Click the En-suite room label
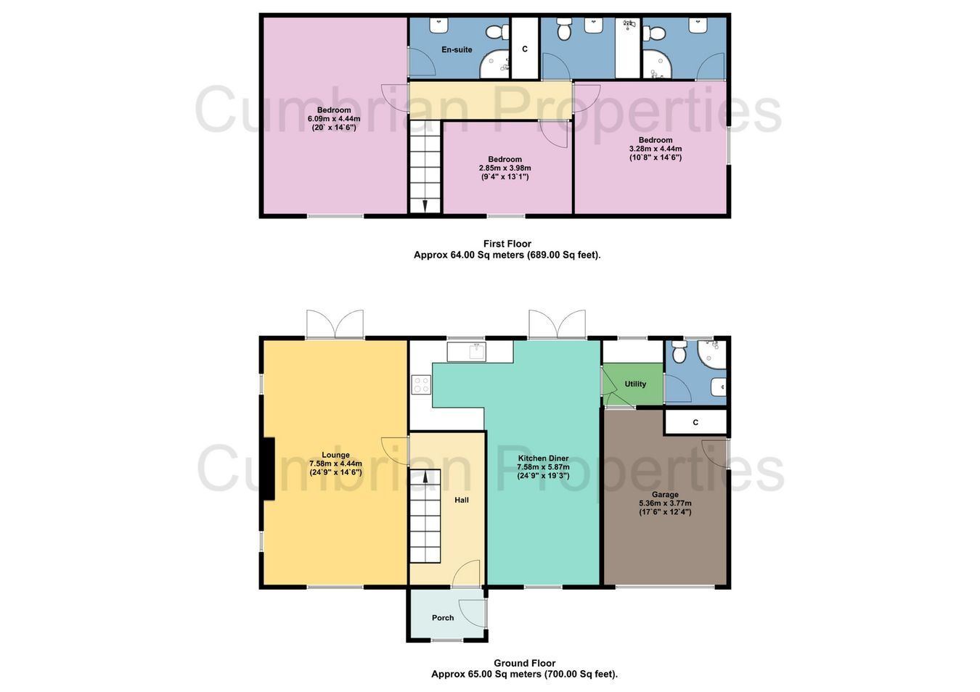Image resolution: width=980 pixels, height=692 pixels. pyautogui.click(x=457, y=50)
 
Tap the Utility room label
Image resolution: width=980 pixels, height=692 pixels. pyautogui.click(x=634, y=384)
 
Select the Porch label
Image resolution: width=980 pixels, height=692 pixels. pyautogui.click(x=442, y=618)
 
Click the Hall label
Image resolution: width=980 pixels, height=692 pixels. pyautogui.click(x=461, y=500)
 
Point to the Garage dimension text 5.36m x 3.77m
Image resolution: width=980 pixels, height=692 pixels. pyautogui.click(x=665, y=503)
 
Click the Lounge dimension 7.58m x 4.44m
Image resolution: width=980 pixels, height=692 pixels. pyautogui.click(x=335, y=464)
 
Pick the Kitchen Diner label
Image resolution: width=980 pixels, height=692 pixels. pyautogui.click(x=543, y=458)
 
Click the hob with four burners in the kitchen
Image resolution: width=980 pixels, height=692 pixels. pyautogui.click(x=421, y=384)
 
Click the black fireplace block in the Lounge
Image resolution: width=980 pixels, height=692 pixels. pyautogui.click(x=268, y=469)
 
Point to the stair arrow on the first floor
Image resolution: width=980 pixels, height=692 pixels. pyautogui.click(x=425, y=205)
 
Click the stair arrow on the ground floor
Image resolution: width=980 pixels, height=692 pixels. pyautogui.click(x=425, y=477)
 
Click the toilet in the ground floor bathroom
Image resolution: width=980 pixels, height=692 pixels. pyautogui.click(x=679, y=352)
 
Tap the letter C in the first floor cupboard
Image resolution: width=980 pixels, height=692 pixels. pyautogui.click(x=525, y=49)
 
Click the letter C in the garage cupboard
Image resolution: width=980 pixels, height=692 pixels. pyautogui.click(x=695, y=422)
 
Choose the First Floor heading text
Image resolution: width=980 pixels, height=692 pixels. pyautogui.click(x=507, y=244)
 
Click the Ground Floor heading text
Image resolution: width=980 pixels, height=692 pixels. pyautogui.click(x=525, y=663)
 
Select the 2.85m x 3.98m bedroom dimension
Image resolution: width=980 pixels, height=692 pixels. pyautogui.click(x=505, y=168)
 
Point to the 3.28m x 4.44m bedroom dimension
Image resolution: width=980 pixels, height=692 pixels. pyautogui.click(x=656, y=149)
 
